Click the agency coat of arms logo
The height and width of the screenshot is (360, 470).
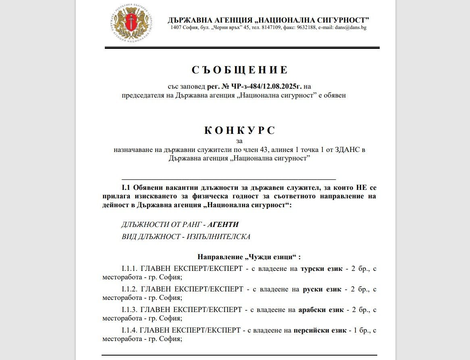[131, 24]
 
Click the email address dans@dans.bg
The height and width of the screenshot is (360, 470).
[350, 28]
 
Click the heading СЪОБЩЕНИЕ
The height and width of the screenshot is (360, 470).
[240, 70]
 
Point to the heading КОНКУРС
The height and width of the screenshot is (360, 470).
[240, 131]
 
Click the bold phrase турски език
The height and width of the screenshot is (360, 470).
[321, 268]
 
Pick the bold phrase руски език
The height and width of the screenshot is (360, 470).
[322, 289]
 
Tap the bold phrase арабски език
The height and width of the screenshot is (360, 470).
[321, 310]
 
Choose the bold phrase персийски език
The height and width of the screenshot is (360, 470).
[320, 331]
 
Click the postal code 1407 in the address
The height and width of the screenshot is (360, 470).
[176, 28]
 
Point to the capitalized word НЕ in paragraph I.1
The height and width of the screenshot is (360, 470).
[360, 187]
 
